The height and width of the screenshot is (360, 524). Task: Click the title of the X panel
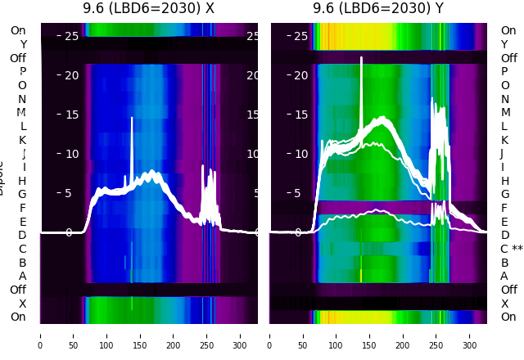tap(148, 8)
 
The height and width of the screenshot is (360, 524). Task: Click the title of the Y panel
tap(378, 8)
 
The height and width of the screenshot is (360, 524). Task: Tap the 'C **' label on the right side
tap(512, 249)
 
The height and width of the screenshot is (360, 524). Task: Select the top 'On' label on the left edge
tap(18, 30)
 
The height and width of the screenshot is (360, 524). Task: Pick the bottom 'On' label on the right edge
tap(508, 317)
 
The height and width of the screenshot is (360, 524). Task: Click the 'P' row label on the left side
tap(22, 72)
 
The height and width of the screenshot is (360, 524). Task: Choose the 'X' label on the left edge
tap(22, 304)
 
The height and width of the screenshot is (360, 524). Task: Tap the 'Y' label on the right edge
tap(504, 44)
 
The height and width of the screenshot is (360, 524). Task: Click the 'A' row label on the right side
tap(504, 276)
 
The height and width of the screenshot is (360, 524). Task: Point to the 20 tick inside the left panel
tap(71, 75)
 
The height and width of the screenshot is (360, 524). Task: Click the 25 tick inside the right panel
tap(301, 36)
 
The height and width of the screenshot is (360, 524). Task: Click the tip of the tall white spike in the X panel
tap(132, 118)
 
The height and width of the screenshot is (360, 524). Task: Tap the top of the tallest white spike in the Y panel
tap(361, 58)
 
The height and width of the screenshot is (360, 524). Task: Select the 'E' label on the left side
tap(22, 222)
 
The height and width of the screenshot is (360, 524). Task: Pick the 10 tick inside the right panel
tap(301, 154)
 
